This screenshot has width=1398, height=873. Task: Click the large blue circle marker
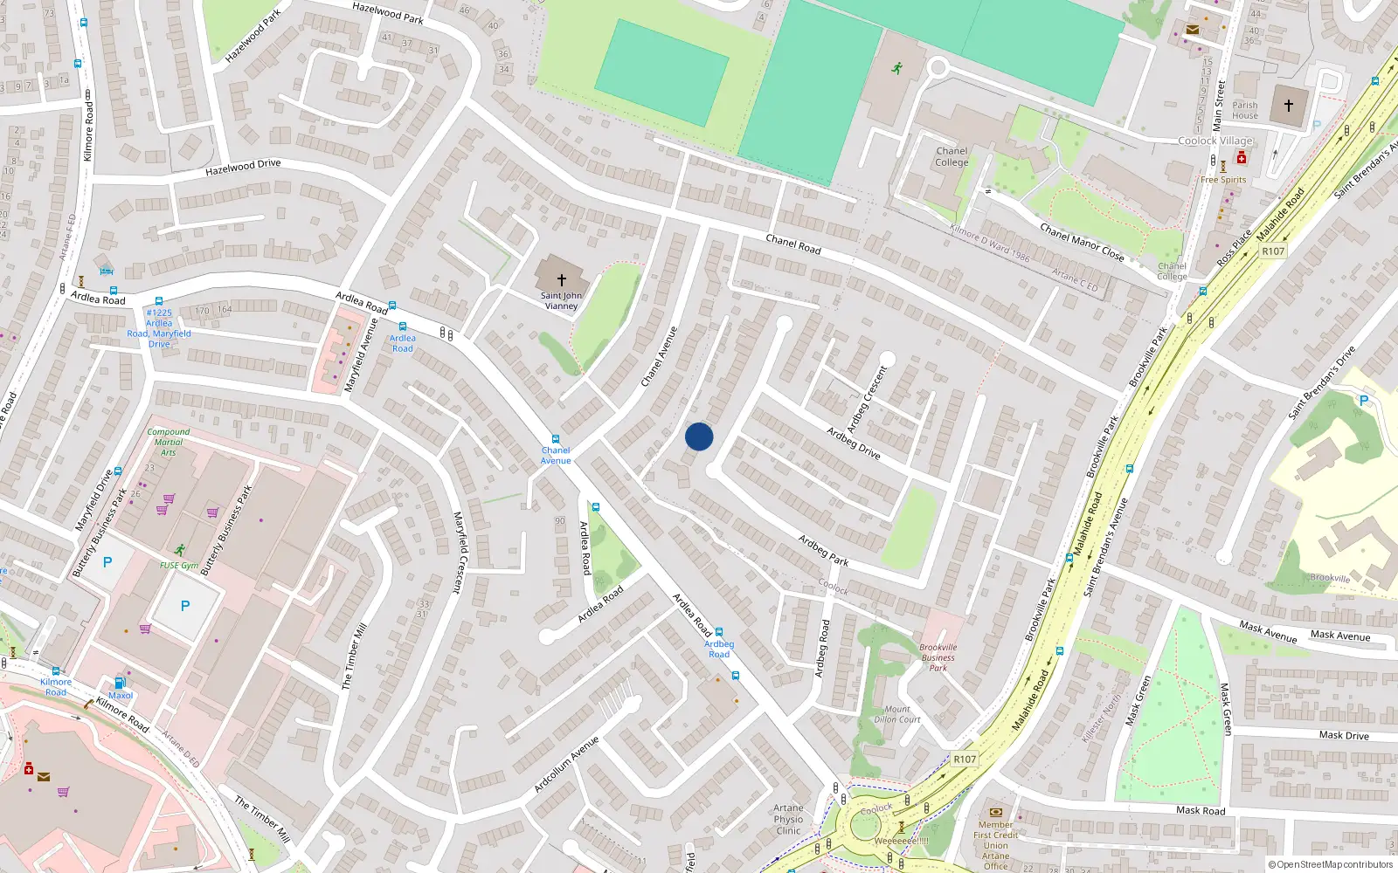[x=699, y=436]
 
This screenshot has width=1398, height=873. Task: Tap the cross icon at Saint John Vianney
[x=562, y=279]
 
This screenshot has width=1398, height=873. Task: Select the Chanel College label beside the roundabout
[x=952, y=157]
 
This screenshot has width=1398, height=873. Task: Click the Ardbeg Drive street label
[x=854, y=443]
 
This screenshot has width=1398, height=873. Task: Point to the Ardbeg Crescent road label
[x=868, y=398]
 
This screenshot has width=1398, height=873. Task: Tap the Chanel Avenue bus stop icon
[x=555, y=439]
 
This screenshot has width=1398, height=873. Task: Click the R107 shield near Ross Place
[x=1273, y=251]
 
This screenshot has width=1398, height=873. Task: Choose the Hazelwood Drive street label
[x=243, y=166]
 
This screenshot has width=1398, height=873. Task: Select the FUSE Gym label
[x=179, y=566]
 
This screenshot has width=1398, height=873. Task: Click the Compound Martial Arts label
[x=169, y=442]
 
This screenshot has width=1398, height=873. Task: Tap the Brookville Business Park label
[x=938, y=657]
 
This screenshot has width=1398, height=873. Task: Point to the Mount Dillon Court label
[x=897, y=714]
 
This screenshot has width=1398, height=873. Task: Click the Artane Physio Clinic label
[x=788, y=819]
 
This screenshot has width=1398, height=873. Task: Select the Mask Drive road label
[x=1344, y=735]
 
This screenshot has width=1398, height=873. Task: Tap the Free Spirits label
[x=1223, y=180]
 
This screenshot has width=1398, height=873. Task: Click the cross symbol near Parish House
[x=1289, y=105]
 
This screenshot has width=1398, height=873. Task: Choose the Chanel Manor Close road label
[x=1082, y=242]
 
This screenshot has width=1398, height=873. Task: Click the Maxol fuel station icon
[x=120, y=683]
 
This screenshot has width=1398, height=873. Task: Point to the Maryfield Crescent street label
[x=458, y=553]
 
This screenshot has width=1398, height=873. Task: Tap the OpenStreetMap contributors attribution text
[x=1330, y=865]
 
